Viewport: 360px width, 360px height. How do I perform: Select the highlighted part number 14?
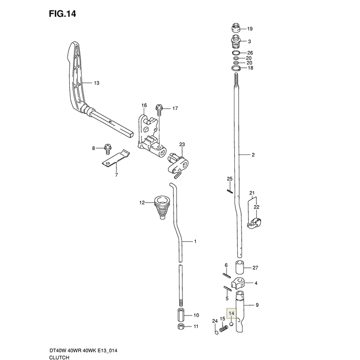tap(232, 314)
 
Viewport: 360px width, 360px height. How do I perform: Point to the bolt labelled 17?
tap(159, 110)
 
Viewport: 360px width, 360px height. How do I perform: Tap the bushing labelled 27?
tap(240, 267)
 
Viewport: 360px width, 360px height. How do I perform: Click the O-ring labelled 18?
tap(235, 69)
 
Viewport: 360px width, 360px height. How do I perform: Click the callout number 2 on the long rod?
tap(254, 155)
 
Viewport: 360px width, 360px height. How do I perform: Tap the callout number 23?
tap(182, 144)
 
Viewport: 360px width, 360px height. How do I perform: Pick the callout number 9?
tap(257, 305)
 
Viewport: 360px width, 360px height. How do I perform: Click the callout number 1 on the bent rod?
tap(195, 242)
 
